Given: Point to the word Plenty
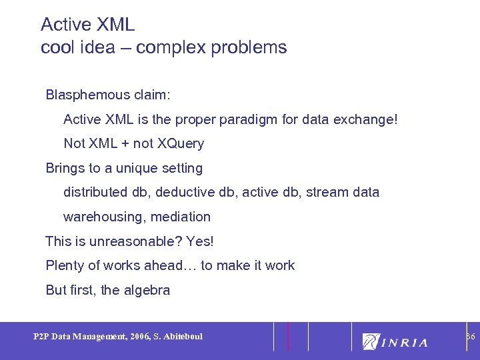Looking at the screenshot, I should pos(65,265).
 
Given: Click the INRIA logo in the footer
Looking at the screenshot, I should pos(395,341).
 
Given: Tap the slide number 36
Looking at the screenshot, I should pos(470,336).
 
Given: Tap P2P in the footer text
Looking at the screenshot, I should pos(41,337).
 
